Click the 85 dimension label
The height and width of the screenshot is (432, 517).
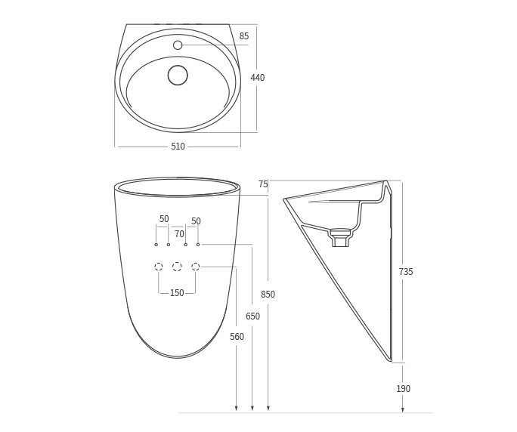(x=244, y=36)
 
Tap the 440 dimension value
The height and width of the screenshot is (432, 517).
(x=258, y=78)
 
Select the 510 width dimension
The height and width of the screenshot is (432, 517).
(x=178, y=147)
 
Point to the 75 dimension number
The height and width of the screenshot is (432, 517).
(x=263, y=184)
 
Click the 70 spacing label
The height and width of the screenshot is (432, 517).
(x=179, y=234)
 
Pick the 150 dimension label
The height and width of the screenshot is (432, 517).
(x=177, y=293)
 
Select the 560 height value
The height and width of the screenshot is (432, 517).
(x=237, y=337)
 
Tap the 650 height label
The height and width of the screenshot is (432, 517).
(x=252, y=316)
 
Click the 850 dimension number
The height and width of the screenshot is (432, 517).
(x=268, y=295)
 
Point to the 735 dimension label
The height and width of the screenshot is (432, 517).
(x=406, y=272)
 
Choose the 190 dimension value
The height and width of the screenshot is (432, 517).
(x=404, y=389)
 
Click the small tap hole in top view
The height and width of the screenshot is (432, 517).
(x=178, y=45)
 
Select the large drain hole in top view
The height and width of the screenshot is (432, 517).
(x=178, y=75)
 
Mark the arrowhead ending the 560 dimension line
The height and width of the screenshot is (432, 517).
(x=237, y=409)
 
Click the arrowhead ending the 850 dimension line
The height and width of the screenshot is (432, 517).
(x=268, y=409)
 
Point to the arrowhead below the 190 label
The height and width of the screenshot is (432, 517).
(x=403, y=409)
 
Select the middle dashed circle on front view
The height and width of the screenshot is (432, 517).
(x=177, y=267)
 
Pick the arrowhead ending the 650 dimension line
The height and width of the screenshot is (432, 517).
(x=252, y=409)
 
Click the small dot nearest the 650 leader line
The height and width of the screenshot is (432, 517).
(x=198, y=245)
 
